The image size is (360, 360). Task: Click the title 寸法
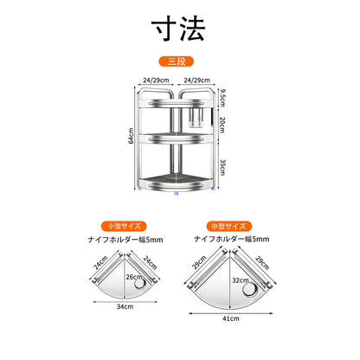coord(178,29)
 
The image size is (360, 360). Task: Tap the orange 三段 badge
coord(176,61)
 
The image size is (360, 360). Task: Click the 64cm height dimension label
coord(131,136)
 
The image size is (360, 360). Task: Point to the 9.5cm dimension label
coord(222,98)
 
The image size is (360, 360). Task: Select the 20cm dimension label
coord(222,125)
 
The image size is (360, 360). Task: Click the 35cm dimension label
coord(222,167)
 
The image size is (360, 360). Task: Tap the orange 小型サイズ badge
coord(124,226)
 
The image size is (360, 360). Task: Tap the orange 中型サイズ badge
coord(229,226)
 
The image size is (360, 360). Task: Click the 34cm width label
coord(125,306)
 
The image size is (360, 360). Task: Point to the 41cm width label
coord(231,318)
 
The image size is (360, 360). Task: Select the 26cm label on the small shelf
coord(134,277)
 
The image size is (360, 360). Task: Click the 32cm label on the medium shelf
coord(241,280)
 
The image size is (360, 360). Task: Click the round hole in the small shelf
coord(139,283)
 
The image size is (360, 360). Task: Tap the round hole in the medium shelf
coord(249,289)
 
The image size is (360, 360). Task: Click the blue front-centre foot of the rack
coord(176,194)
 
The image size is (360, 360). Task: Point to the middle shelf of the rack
coord(176,138)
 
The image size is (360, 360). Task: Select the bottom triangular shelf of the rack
coord(176,183)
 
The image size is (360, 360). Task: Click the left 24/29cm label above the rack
coord(156,80)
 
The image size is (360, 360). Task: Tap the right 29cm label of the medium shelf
coord(262,262)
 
